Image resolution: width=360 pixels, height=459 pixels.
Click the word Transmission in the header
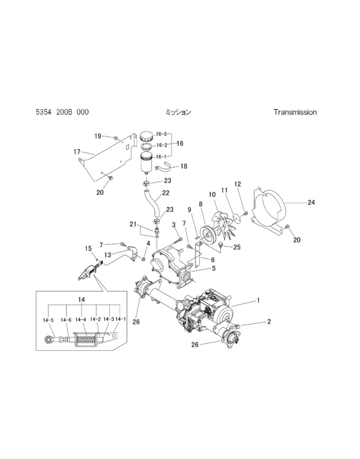click(295, 112)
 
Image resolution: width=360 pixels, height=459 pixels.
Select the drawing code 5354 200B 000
click(62, 112)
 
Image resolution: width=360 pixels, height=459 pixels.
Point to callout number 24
click(311, 203)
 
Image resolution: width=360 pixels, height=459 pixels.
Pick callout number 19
click(98, 136)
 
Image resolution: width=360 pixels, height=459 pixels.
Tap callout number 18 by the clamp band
click(184, 166)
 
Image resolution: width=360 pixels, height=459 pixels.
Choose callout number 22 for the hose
click(165, 193)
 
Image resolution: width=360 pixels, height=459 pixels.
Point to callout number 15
click(88, 249)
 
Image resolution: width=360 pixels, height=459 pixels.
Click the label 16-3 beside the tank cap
click(160, 134)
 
